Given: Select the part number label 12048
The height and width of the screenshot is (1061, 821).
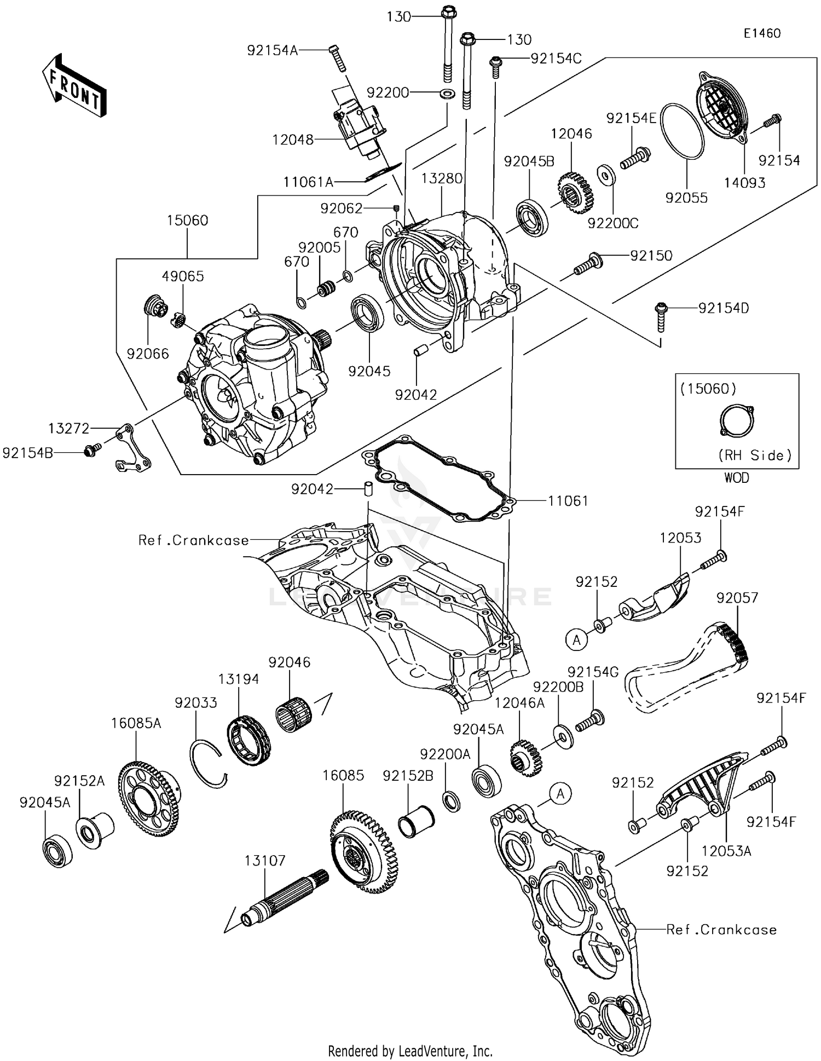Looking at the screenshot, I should (x=293, y=140).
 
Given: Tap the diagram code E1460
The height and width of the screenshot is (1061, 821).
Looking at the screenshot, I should (x=762, y=33).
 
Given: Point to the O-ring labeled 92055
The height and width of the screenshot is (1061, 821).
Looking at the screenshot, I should (x=682, y=131).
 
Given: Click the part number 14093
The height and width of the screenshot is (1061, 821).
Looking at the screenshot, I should (x=744, y=183).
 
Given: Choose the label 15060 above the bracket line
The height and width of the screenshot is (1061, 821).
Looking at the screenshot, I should (x=188, y=221).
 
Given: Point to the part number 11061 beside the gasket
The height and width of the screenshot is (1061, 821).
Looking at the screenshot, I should (x=568, y=500).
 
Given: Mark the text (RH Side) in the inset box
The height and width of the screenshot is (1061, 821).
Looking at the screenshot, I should (x=755, y=455).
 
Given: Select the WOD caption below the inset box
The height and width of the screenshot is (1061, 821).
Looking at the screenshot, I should (x=737, y=478).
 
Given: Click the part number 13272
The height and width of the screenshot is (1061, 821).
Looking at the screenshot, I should (x=69, y=429).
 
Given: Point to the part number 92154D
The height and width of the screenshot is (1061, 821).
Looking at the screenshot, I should (x=724, y=308).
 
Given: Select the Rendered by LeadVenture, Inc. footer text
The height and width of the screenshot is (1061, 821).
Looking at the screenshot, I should (x=410, y=1051).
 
